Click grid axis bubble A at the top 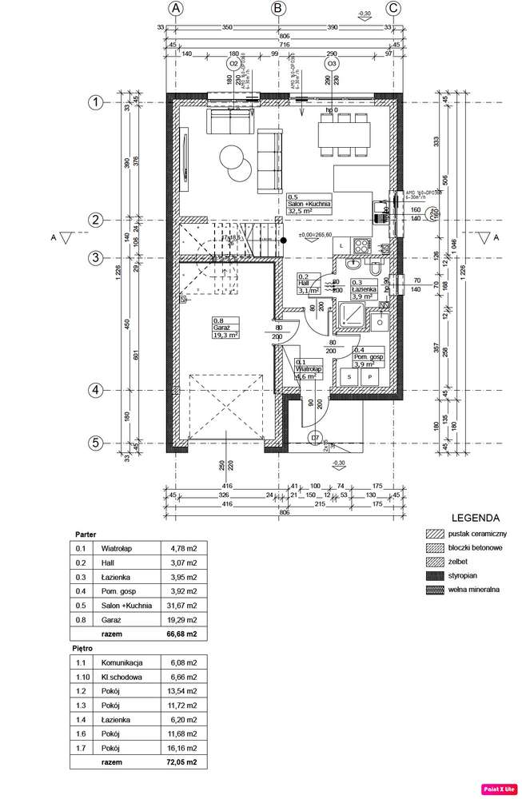[177, 9]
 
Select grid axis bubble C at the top [393, 9]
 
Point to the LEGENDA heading [476, 517]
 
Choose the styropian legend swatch [436, 576]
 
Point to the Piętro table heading [83, 649]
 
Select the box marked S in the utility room [349, 375]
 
